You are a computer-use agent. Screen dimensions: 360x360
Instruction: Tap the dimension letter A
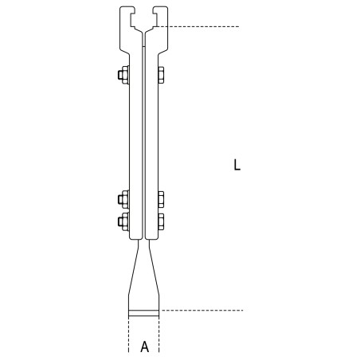tap(144, 346)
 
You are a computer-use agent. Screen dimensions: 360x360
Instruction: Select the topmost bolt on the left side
tap(122, 76)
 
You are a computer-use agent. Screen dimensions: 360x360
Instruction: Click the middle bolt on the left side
tap(122, 199)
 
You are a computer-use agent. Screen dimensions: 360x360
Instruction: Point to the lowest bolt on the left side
tap(122, 219)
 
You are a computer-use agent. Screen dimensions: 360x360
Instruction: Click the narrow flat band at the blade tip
tap(144, 311)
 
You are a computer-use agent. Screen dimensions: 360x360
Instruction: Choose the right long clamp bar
tap(153, 143)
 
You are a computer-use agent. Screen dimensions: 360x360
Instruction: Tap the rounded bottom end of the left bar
tap(134, 237)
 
